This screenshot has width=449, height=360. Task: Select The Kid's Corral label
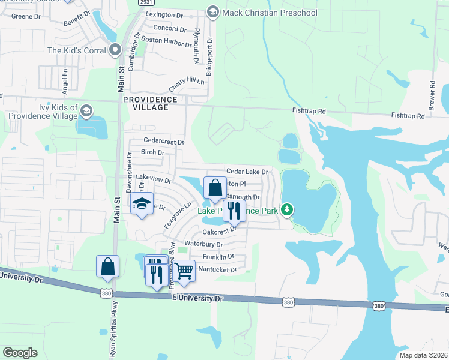76,50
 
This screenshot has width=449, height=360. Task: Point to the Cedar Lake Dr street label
246,172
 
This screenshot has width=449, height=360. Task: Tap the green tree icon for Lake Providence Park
288,209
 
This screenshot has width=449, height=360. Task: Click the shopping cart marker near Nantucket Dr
185,271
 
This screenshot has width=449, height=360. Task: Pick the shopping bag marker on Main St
107,266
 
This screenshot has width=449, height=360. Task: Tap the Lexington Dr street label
163,14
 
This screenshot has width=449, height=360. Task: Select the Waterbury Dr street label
203,244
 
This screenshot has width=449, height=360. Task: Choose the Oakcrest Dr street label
220,231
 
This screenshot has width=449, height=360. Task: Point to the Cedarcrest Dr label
163,141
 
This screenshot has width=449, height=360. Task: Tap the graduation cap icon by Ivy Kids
86,110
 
